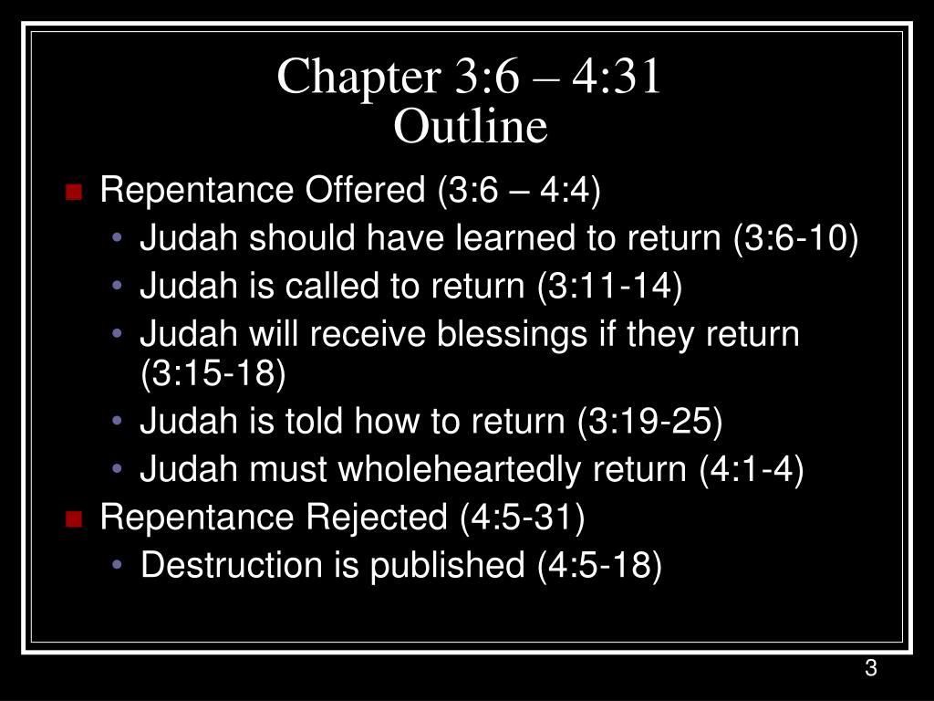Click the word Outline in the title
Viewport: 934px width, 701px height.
pos(470,126)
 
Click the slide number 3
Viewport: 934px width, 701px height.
pos(871,667)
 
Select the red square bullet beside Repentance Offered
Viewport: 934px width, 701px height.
pos(74,192)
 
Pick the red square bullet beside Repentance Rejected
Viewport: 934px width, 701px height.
pos(74,518)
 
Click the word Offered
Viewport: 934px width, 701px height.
pos(365,190)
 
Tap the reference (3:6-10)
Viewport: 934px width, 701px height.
pos(795,238)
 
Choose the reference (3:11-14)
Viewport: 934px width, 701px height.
pos(609,286)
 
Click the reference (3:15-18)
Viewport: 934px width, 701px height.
pos(213,373)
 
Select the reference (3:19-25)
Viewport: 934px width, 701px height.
pos(649,422)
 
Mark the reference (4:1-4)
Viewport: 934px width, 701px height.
pos(752,469)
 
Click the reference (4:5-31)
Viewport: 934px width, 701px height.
pos(523,517)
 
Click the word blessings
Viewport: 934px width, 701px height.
pos(513,334)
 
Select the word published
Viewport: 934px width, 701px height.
pos(447,566)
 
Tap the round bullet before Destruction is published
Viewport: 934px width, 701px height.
pos(117,564)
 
